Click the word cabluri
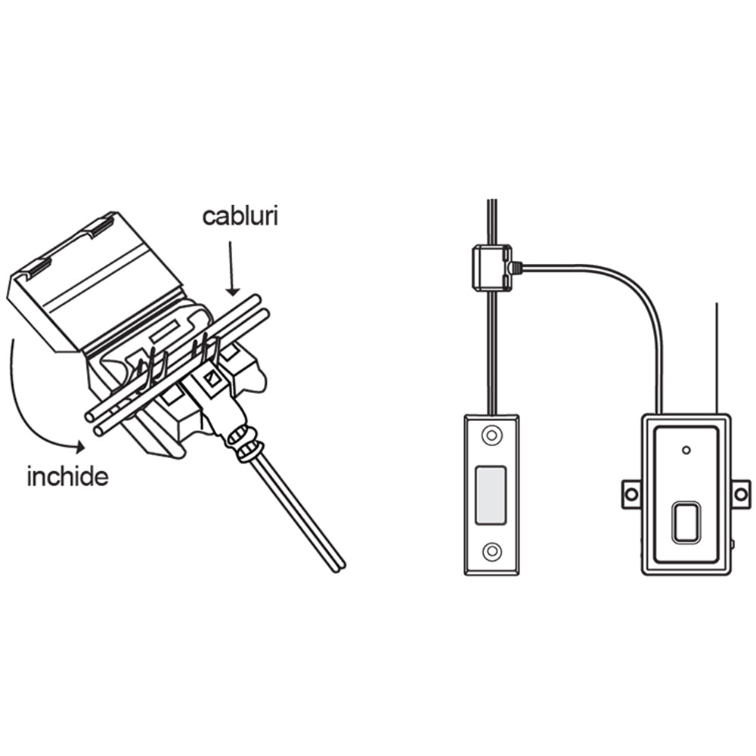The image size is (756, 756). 240,217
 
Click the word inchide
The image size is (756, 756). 67,477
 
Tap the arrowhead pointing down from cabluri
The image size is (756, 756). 232,291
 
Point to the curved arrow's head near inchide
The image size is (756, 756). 79,447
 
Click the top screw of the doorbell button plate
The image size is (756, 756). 492,435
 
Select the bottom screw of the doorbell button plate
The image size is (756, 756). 492,550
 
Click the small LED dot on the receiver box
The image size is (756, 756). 686,451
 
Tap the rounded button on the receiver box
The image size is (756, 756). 686,523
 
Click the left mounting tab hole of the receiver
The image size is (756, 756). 631,494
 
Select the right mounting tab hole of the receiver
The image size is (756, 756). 741,494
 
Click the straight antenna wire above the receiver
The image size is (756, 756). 717,358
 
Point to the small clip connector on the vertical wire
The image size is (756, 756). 492,268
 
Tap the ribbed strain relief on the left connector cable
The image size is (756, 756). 243,442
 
